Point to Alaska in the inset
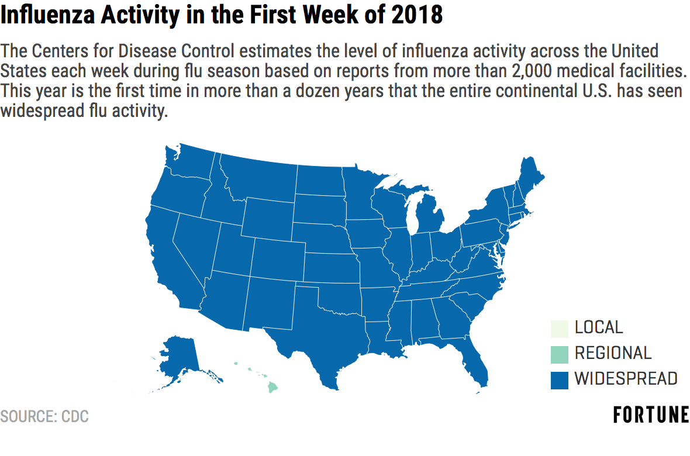pos(181,361)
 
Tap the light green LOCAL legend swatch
pos(559,329)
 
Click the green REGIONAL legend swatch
pos(559,354)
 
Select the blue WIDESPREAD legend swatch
pos(559,381)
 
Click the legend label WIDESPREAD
pos(626,379)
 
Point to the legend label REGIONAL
pos(613,353)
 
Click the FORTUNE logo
pos(651,414)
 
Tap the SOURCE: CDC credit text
pos(44,416)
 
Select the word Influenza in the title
pos(48,15)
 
